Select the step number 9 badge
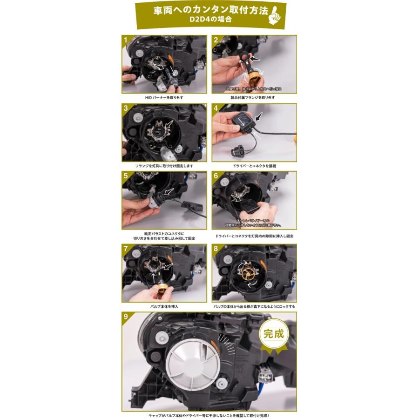126,317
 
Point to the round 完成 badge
273,334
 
